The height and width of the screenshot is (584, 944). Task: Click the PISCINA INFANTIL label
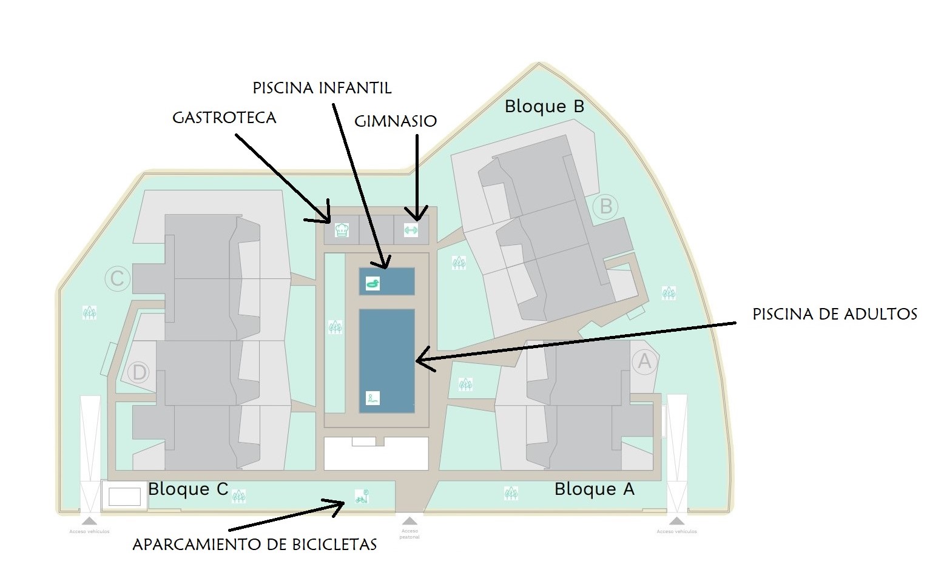322,88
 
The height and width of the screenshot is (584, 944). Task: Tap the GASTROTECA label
224,117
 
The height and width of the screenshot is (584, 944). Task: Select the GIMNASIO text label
396,121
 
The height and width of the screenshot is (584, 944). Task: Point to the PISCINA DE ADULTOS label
835,314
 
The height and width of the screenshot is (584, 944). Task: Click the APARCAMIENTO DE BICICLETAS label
255,545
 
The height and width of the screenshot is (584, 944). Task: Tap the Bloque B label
544,107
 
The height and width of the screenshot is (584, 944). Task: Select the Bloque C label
187,489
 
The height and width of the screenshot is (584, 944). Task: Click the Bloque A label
594,489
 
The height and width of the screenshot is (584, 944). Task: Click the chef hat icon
342,230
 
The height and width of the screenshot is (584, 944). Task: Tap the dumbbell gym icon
411,230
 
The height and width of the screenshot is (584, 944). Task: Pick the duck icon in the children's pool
373,283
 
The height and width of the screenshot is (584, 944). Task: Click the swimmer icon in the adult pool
373,398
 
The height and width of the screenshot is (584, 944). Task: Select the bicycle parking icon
362,497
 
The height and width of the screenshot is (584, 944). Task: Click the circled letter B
605,207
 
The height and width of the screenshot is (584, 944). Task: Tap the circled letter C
117,279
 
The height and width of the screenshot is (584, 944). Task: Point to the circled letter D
139,372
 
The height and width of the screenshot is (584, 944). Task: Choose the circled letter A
644,361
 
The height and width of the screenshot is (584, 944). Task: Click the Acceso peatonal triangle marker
410,521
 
